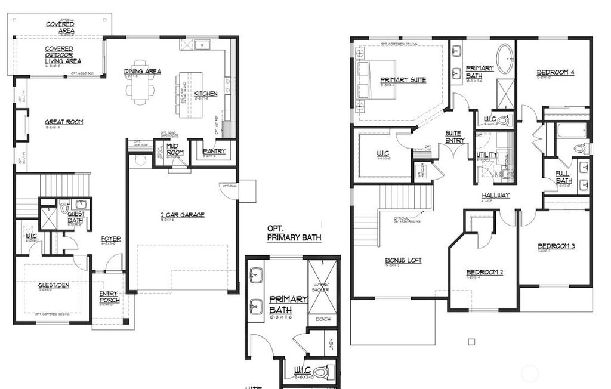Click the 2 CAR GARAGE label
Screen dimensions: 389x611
(x=183, y=215)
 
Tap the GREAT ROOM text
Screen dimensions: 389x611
(x=64, y=122)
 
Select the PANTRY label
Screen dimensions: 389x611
(x=214, y=152)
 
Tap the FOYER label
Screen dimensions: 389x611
(x=111, y=239)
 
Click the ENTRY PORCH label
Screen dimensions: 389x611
(x=109, y=297)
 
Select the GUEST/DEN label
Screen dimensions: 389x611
(x=54, y=285)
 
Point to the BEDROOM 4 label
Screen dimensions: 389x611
(x=556, y=72)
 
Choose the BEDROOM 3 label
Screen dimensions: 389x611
(x=556, y=246)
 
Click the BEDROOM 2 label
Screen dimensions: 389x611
(x=485, y=273)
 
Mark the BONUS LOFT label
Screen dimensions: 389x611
(x=403, y=260)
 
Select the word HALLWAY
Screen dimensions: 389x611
(x=496, y=195)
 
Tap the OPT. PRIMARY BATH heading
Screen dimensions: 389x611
(x=294, y=233)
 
